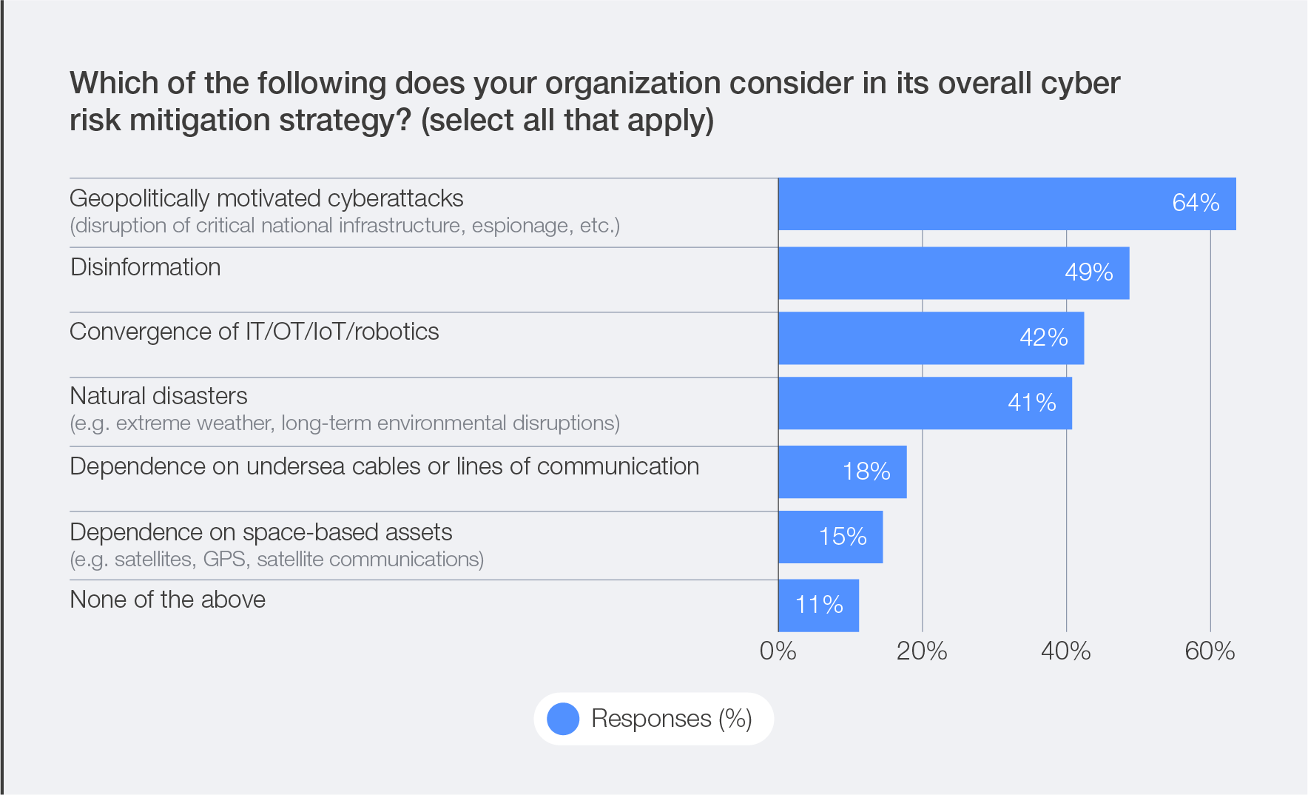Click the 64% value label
click(x=1196, y=203)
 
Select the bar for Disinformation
click(x=953, y=273)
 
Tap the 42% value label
click(x=1043, y=338)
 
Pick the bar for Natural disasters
click(x=925, y=403)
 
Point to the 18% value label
click(x=866, y=472)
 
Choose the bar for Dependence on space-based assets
click(x=830, y=537)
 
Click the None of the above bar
click(x=818, y=606)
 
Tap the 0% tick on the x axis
click(x=778, y=651)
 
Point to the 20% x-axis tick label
click(x=922, y=651)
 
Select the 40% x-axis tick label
click(x=1065, y=651)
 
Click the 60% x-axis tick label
click(x=1210, y=651)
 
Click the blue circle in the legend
click(x=563, y=719)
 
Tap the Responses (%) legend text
click(x=671, y=719)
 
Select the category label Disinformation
click(x=146, y=267)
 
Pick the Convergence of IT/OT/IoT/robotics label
click(x=254, y=332)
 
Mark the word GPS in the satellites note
click(x=224, y=560)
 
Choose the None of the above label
click(x=168, y=600)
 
